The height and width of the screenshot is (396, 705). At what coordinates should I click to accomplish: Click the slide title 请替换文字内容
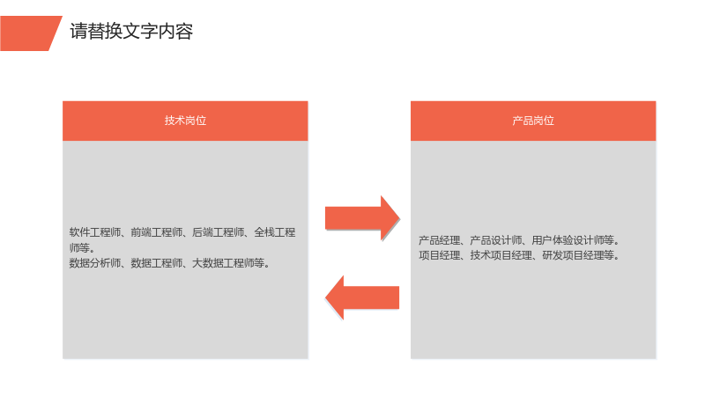pyautogui.click(x=131, y=32)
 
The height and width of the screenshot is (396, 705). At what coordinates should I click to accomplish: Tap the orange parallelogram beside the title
pyautogui.click(x=31, y=33)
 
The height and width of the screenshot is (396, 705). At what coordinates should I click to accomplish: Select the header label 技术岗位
pyautogui.click(x=185, y=121)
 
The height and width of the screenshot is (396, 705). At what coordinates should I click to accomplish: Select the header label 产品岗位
pyautogui.click(x=533, y=121)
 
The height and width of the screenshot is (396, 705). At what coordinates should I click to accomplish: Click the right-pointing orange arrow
pyautogui.click(x=362, y=218)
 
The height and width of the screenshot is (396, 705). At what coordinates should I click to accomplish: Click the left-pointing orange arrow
pyautogui.click(x=362, y=297)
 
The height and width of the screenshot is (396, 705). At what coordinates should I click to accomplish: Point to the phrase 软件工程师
pyautogui.click(x=95, y=232)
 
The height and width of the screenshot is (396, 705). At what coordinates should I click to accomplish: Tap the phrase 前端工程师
pyautogui.click(x=157, y=232)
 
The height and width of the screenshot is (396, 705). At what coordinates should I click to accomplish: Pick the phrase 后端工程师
pyautogui.click(x=218, y=232)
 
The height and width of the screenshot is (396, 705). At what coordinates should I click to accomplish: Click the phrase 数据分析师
pyautogui.click(x=95, y=263)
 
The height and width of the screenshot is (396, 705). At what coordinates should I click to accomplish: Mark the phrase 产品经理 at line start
pyautogui.click(x=440, y=240)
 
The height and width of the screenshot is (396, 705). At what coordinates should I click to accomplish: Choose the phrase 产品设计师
pyautogui.click(x=496, y=240)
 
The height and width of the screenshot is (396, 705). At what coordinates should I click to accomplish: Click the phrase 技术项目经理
pyautogui.click(x=501, y=255)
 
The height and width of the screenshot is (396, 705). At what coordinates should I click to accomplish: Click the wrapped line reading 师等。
pyautogui.click(x=82, y=248)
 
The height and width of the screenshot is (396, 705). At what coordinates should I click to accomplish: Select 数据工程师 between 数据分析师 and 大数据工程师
pyautogui.click(x=157, y=263)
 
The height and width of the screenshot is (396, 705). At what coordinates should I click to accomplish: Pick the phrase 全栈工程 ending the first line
pyautogui.click(x=275, y=232)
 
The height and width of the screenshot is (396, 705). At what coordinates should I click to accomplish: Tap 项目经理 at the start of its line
pyautogui.click(x=440, y=255)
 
